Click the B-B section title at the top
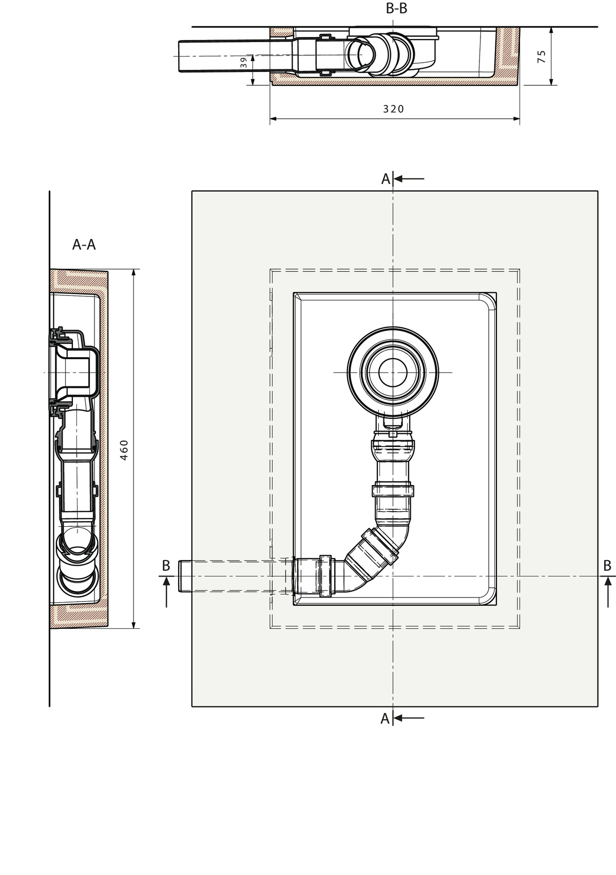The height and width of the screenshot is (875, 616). coord(396,8)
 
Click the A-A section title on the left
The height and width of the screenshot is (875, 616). coord(84,245)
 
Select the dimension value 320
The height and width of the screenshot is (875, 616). coord(393,109)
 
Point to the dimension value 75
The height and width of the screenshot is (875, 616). coord(542,57)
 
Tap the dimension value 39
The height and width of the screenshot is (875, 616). coord(244,63)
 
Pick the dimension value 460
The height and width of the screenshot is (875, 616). coord(124,450)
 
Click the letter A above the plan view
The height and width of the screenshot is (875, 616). coord(386,179)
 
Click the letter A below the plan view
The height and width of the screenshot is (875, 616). coord(386,718)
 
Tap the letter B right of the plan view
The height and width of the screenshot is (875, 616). coord(607,565)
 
